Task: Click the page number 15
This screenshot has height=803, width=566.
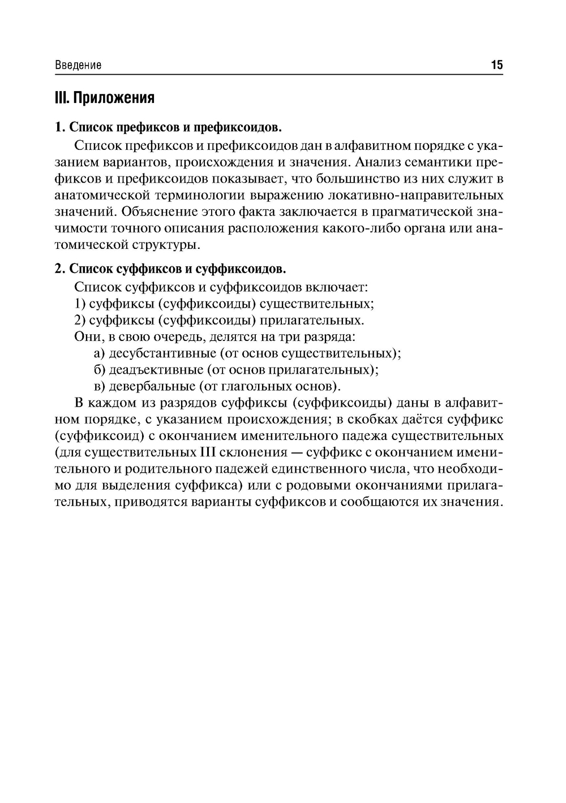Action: coord(496,65)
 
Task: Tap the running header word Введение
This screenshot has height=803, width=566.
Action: coord(78,65)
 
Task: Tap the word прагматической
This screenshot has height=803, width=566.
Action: coord(414,212)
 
